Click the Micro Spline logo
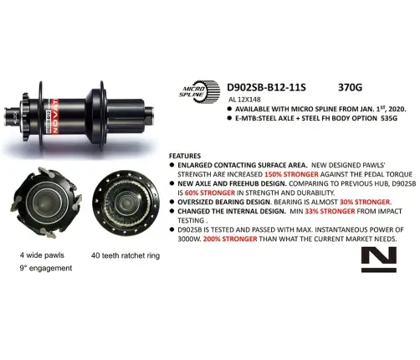198,90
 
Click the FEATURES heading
185,157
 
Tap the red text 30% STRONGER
363,202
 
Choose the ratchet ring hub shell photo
123,206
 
